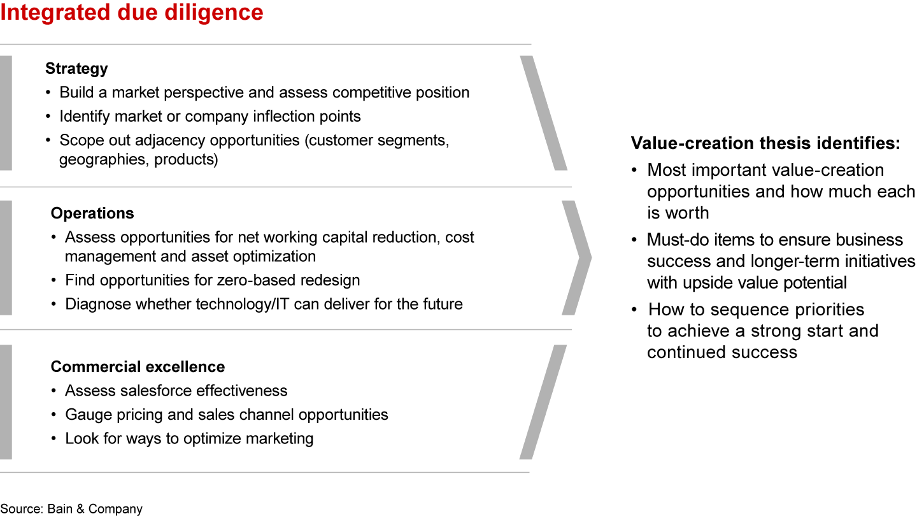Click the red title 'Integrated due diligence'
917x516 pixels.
tap(131, 12)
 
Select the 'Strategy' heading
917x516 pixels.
tap(76, 69)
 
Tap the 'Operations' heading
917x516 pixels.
tap(92, 213)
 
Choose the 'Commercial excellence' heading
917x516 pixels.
tap(138, 366)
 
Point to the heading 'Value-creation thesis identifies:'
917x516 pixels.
tap(765, 143)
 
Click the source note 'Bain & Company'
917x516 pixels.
tap(95, 508)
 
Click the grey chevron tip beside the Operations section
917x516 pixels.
tap(591, 257)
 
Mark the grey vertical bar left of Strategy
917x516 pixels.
tap(6, 113)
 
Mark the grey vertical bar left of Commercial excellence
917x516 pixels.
tap(6, 402)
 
